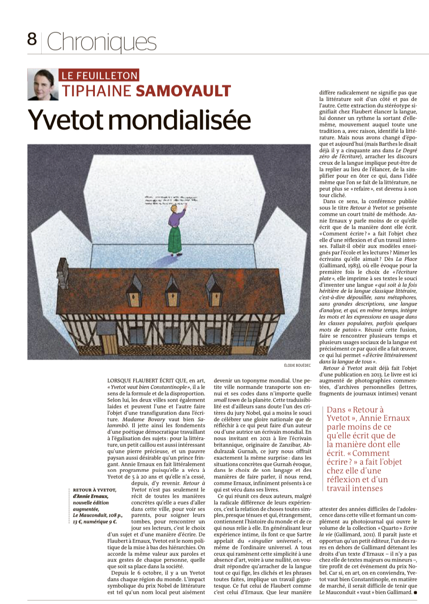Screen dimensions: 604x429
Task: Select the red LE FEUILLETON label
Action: click(x=99, y=75)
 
